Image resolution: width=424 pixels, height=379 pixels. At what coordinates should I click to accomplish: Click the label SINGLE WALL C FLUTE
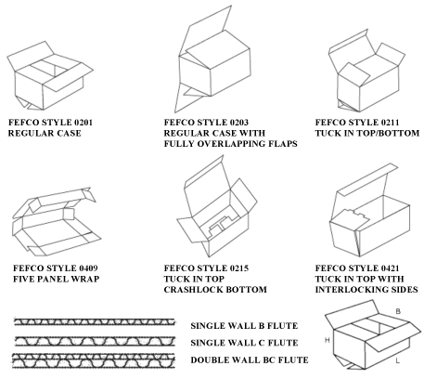point(246,343)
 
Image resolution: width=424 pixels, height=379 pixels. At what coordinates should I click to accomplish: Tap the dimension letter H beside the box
point(328,342)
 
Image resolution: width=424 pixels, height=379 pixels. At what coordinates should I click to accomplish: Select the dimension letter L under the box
point(396,359)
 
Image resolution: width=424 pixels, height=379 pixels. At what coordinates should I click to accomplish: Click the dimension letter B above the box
point(398,310)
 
